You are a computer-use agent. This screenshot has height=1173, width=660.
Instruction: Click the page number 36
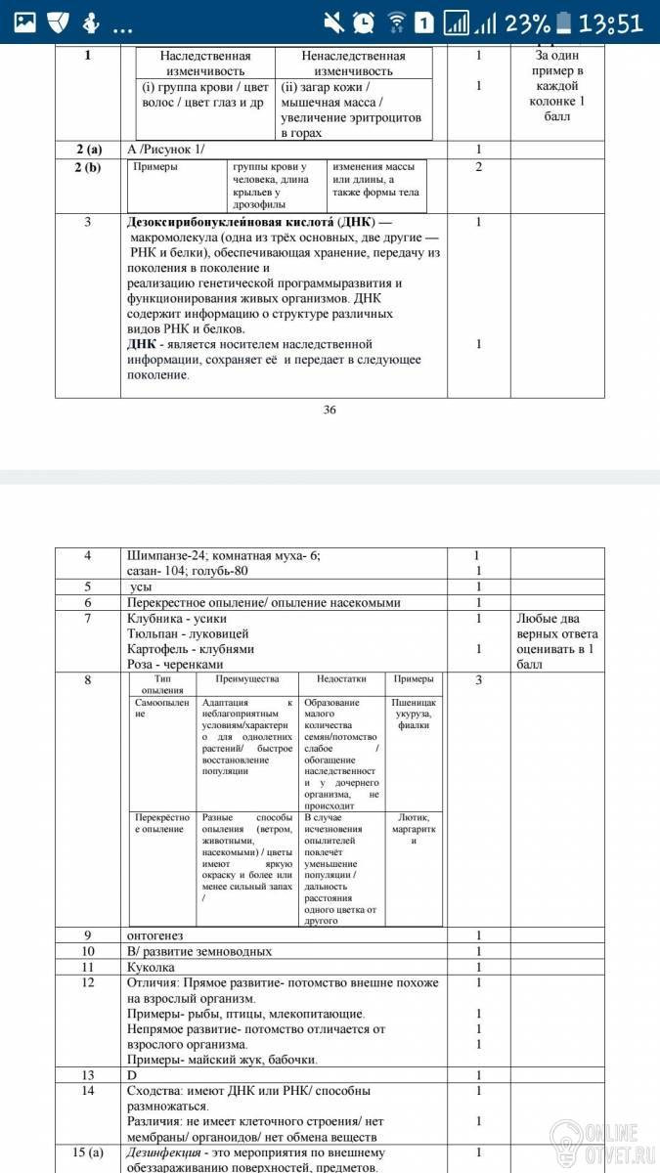[330, 410]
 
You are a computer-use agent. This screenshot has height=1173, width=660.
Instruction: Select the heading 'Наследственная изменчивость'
[204, 64]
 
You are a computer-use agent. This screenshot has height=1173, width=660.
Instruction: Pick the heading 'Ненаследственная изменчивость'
[353, 64]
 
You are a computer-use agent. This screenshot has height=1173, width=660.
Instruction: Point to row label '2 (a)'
[88, 150]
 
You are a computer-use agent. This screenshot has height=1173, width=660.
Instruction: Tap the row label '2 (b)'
[88, 167]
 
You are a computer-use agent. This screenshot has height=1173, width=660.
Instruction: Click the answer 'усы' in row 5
[141, 586]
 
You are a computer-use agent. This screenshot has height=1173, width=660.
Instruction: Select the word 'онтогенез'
[155, 935]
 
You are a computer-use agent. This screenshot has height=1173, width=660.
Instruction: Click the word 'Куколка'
[152, 966]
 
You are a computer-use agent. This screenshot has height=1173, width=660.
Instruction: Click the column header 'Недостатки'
[340, 679]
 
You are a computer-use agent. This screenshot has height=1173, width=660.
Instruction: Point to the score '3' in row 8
[479, 679]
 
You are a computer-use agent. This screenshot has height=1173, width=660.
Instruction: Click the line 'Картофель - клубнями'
[191, 648]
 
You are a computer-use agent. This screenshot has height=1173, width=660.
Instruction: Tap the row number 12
[88, 981]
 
